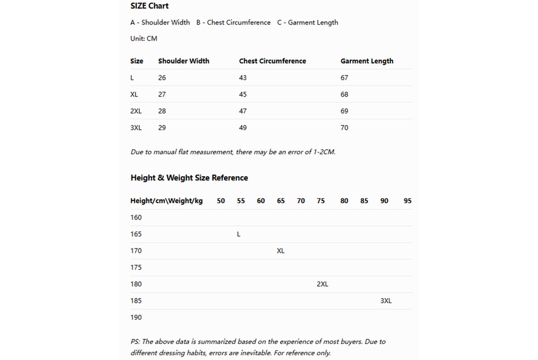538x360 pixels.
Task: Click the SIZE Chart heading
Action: coord(149,6)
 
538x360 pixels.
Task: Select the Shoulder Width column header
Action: coord(184,61)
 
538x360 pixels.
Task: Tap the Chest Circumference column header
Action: coord(272,61)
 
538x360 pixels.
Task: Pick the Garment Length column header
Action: coord(367,61)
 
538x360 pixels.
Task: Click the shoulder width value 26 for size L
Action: coord(162,78)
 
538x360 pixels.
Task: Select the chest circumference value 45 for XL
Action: coord(243,95)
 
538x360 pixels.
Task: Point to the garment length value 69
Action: coord(344,111)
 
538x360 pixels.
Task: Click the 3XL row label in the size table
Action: coord(136,128)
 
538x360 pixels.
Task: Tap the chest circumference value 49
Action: coord(243,128)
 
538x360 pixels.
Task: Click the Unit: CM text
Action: coord(144,39)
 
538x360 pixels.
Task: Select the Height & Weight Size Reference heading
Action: coord(189,178)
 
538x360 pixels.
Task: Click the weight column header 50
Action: coord(221,201)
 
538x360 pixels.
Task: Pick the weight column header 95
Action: coord(407,201)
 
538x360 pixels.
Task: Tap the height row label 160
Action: coord(136,217)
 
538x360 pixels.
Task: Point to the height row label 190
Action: coord(136,318)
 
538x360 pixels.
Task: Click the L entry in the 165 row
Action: coord(239,234)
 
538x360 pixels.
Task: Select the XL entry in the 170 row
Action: coord(280,251)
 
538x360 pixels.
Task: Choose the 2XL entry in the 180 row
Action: coord(322,284)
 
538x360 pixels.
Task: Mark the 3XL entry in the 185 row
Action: coord(386,301)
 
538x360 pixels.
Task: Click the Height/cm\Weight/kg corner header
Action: coord(166,201)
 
